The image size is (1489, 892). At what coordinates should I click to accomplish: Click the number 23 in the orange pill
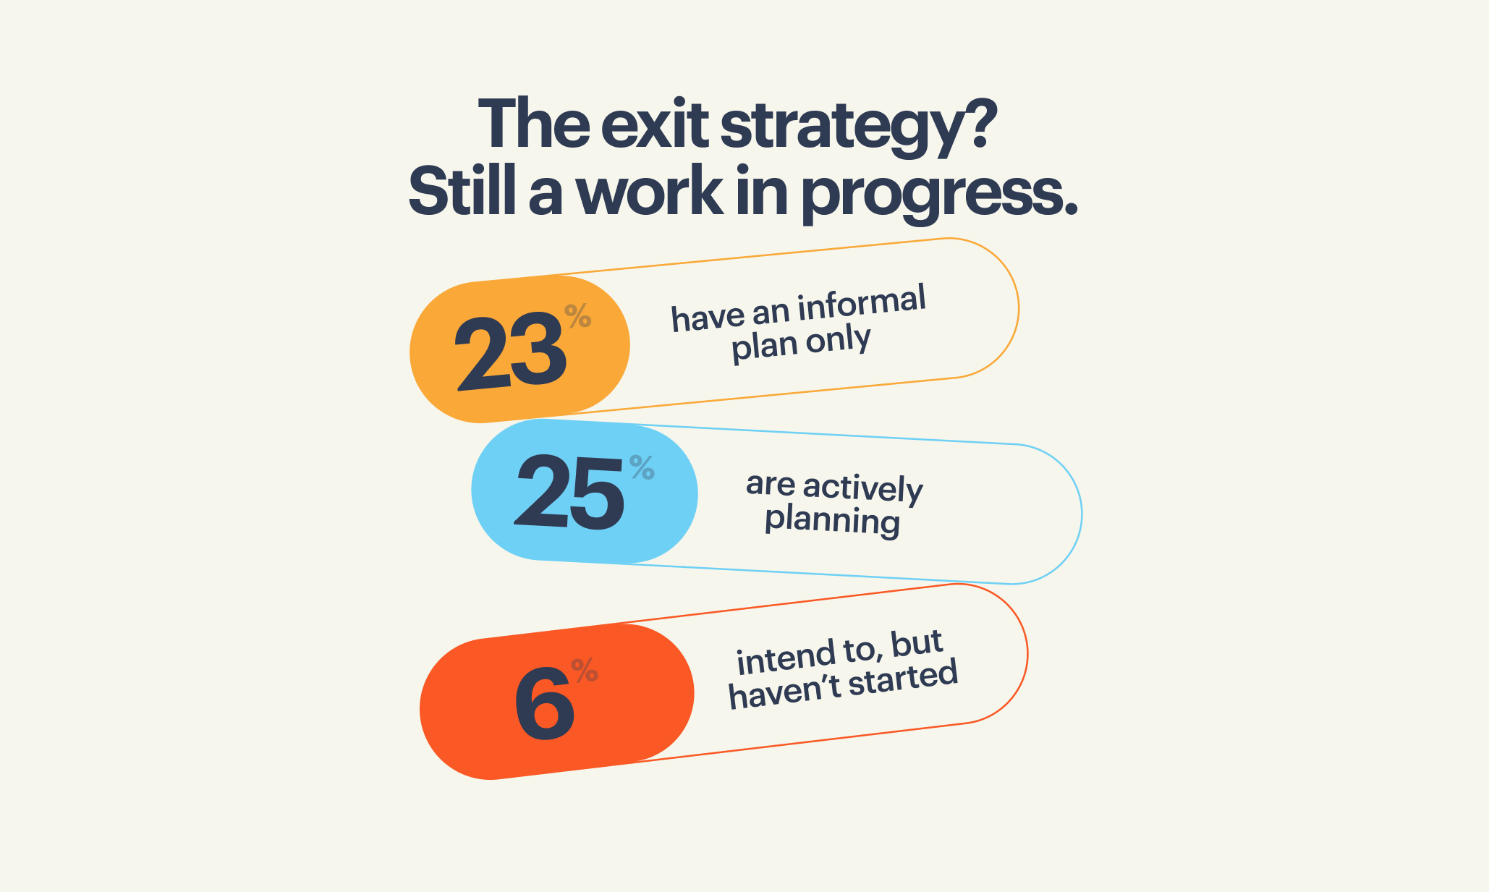pos(510,352)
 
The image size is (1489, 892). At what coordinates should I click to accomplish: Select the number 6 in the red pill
pos(544,703)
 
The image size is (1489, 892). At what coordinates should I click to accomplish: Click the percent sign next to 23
pos(578,316)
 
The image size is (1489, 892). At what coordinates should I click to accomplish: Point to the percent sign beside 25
pos(642,467)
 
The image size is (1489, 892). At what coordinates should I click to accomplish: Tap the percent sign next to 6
pos(585,670)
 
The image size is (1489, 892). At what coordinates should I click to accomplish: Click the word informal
pos(862,303)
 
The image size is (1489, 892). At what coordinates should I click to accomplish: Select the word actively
pos(863,489)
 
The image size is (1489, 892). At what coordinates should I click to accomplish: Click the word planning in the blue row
pos(833,521)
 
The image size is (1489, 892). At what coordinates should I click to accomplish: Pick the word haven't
pos(784,692)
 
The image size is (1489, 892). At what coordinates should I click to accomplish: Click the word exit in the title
pos(654,124)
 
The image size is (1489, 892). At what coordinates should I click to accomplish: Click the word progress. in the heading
pos(940,195)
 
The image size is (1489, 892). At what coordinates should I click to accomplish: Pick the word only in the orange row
pos(839,340)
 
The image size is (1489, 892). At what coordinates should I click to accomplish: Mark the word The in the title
pos(534,123)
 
